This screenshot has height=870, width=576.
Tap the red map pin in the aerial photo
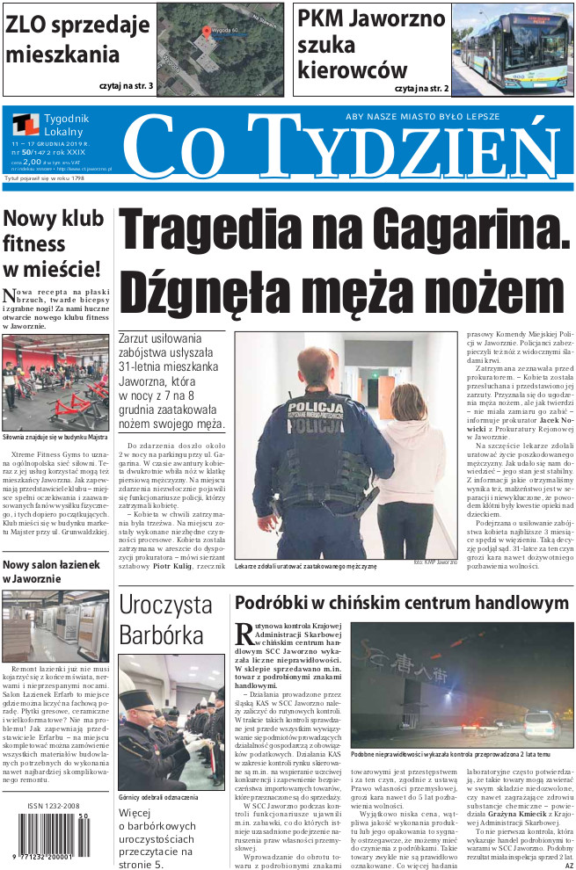(x=208, y=30)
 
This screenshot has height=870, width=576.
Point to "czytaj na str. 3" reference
(x=126, y=86)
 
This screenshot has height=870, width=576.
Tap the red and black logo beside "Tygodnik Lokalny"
(x=26, y=126)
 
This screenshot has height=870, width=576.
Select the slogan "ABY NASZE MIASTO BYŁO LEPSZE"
(x=422, y=116)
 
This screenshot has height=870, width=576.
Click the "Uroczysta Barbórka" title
(x=166, y=618)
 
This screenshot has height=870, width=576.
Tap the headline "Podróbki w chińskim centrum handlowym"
(x=401, y=604)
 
